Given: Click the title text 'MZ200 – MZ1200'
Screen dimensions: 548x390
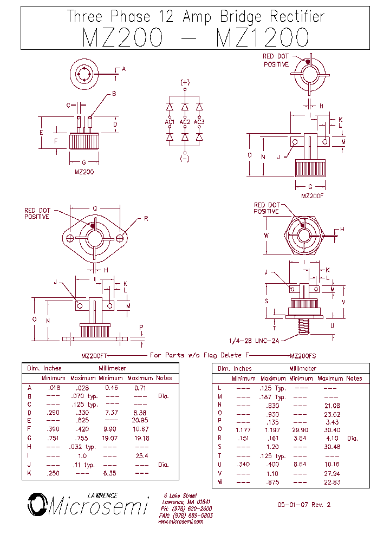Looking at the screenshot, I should coord(196,37).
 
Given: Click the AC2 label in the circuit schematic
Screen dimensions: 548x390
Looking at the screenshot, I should coord(185,122).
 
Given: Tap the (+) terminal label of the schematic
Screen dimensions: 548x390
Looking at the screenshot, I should coord(185,82).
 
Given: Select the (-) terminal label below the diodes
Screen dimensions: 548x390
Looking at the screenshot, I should coord(185,159).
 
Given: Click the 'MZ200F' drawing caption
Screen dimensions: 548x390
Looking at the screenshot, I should coord(311,196).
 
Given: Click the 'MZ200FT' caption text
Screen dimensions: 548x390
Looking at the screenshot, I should coord(95,355).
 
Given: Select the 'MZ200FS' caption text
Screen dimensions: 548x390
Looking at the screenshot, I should coord(303,355).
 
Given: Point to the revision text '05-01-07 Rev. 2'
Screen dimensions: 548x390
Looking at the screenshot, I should coord(303,505).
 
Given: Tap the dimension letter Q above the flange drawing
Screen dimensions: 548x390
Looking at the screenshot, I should coord(95,208).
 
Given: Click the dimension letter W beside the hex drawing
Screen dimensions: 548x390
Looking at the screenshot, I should coord(266,235).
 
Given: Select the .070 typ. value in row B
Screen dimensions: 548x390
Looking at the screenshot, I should coord(84,396).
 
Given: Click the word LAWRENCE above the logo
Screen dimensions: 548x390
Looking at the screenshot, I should coord(102,495).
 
